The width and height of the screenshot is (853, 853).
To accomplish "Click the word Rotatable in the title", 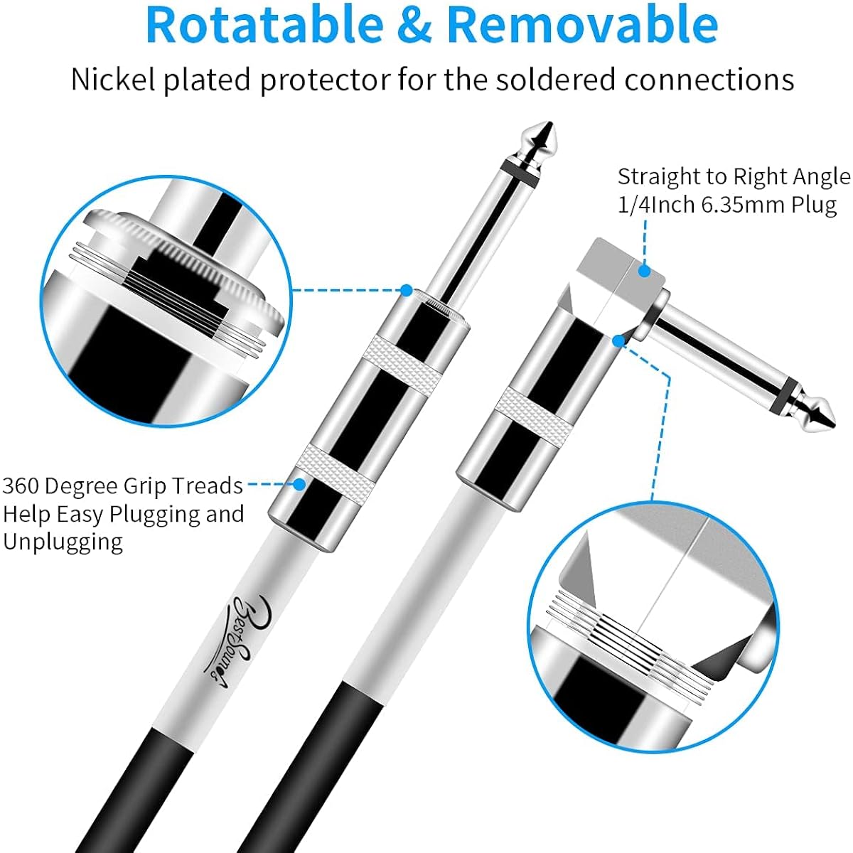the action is (x=264, y=24).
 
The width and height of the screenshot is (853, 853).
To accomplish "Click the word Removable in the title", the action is (x=582, y=24).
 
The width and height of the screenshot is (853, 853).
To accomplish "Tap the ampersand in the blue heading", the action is (x=414, y=25).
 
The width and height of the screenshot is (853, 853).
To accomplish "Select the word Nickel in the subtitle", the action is (x=113, y=80).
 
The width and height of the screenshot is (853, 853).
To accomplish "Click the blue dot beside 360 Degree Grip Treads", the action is (x=300, y=484).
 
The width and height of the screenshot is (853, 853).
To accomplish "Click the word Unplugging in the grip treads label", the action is (x=63, y=542).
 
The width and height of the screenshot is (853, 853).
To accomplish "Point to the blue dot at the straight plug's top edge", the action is (x=407, y=291).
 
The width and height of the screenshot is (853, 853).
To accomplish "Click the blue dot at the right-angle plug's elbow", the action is (x=619, y=341).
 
